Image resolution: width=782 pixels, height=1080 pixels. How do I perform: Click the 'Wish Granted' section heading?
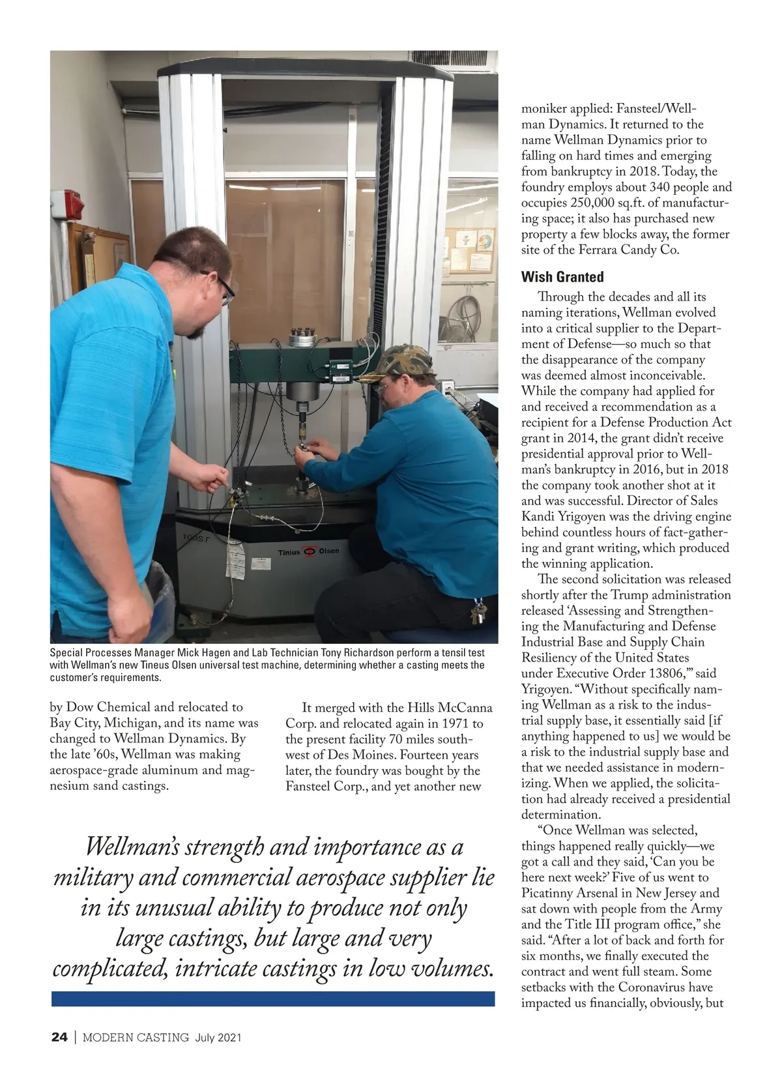point(562,277)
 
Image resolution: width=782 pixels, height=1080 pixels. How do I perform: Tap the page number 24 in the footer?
point(59,1037)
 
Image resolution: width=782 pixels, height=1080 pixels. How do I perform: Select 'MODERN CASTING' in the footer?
point(136,1037)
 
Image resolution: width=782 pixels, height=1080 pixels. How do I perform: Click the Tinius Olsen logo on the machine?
point(309,551)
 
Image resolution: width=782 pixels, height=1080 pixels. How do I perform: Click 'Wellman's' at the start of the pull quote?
point(132,847)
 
